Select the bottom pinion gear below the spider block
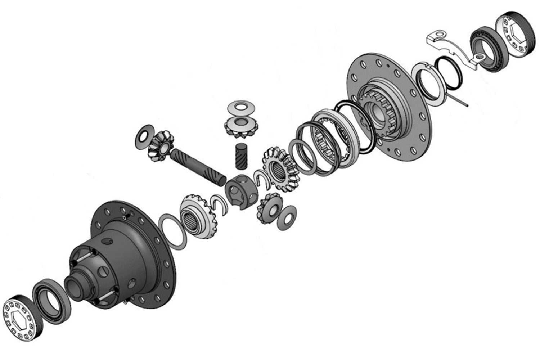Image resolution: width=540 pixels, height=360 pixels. pos(269,208)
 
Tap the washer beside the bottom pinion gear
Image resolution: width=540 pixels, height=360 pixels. pos(287,217)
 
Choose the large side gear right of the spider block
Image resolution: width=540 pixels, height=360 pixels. pos(279,168)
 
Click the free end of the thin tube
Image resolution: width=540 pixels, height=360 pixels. pos(467,105)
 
